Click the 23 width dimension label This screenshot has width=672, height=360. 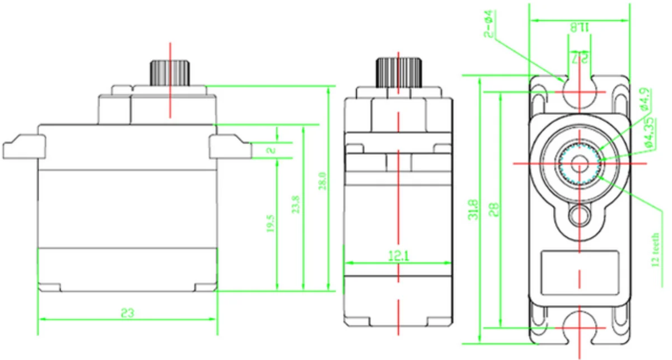click(x=128, y=312)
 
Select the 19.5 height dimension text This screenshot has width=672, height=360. click(x=270, y=222)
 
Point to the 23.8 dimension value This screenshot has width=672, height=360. click(x=296, y=205)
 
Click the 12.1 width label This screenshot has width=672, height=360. click(x=398, y=256)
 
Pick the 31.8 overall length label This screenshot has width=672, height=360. click(x=474, y=208)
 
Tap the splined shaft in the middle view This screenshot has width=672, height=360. click(x=398, y=72)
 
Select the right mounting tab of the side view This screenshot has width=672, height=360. click(x=230, y=147)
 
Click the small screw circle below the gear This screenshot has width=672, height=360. click(x=579, y=214)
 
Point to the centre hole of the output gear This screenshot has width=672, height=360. click(x=579, y=162)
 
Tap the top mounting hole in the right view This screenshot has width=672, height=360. click(x=579, y=92)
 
